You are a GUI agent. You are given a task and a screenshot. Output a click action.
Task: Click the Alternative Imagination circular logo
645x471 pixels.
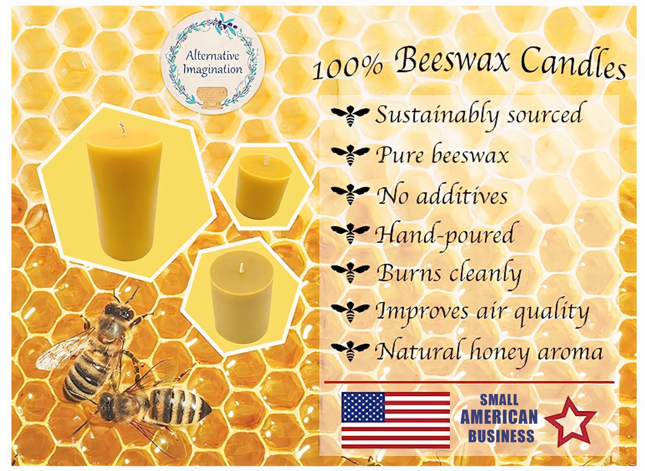(x=212, y=62)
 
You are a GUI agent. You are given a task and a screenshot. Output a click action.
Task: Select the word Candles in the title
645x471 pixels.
(x=572, y=64)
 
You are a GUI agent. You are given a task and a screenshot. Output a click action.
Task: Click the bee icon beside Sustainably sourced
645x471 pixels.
(x=350, y=115)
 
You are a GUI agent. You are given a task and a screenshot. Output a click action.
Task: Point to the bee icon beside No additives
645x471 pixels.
(x=350, y=194)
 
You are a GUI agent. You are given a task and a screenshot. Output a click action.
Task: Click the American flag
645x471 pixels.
(x=395, y=420)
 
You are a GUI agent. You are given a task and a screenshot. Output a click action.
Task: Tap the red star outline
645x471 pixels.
(x=569, y=421)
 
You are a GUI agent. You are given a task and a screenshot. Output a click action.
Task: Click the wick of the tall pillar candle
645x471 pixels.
(x=121, y=128)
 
